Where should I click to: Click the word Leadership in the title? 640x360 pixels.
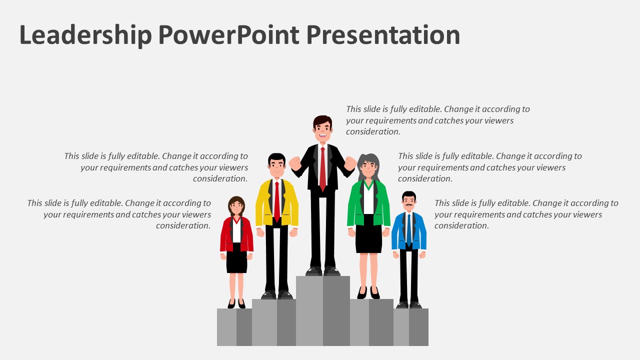(x=85, y=35)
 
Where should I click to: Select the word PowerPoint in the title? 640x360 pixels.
(x=228, y=35)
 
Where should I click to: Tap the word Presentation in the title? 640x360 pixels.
(x=383, y=35)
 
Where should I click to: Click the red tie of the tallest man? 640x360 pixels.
(x=322, y=167)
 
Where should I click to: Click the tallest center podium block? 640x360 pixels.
(x=322, y=310)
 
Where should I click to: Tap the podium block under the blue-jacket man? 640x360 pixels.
(x=410, y=327)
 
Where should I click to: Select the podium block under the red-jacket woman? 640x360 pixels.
(x=234, y=327)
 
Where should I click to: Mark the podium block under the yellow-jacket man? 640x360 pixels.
(x=273, y=322)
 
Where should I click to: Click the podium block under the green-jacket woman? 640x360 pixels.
(x=371, y=322)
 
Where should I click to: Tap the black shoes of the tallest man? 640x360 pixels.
(x=322, y=271)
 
